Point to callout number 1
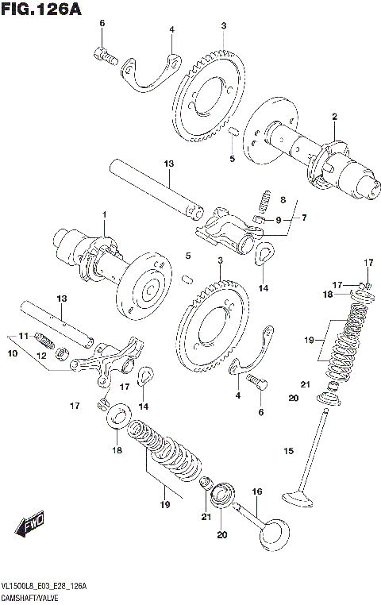point(103,215)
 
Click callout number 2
point(334,117)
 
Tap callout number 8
point(282,200)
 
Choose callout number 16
point(256,493)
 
